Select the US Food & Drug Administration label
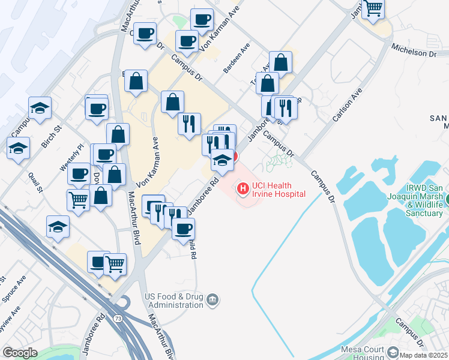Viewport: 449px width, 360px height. tap(174, 301)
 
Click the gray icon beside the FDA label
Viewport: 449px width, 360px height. tap(211, 299)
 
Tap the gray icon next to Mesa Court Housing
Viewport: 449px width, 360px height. tap(393, 352)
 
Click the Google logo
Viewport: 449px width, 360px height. tap(20, 352)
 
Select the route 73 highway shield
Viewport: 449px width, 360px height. tap(118, 318)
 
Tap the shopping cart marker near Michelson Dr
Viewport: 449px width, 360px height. tap(373, 8)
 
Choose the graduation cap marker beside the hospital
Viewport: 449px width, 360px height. tap(221, 160)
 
